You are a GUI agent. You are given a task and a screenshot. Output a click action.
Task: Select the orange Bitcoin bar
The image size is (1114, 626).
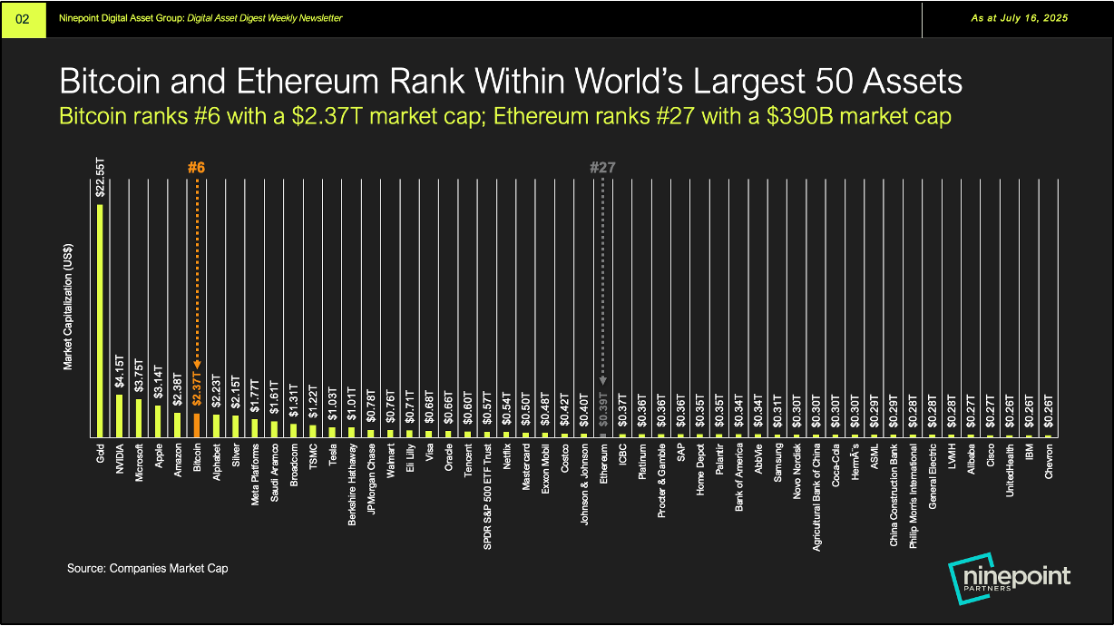tap(197, 425)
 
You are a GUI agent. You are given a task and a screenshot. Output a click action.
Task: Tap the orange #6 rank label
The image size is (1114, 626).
tap(196, 168)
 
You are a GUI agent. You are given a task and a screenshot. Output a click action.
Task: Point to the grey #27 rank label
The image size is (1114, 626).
tap(603, 168)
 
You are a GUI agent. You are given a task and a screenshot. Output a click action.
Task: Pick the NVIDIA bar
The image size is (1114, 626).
tap(119, 416)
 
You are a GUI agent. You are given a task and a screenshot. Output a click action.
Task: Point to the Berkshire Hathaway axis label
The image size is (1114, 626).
tap(352, 481)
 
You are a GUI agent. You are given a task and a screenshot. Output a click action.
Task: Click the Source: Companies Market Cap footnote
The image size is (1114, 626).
tap(147, 569)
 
